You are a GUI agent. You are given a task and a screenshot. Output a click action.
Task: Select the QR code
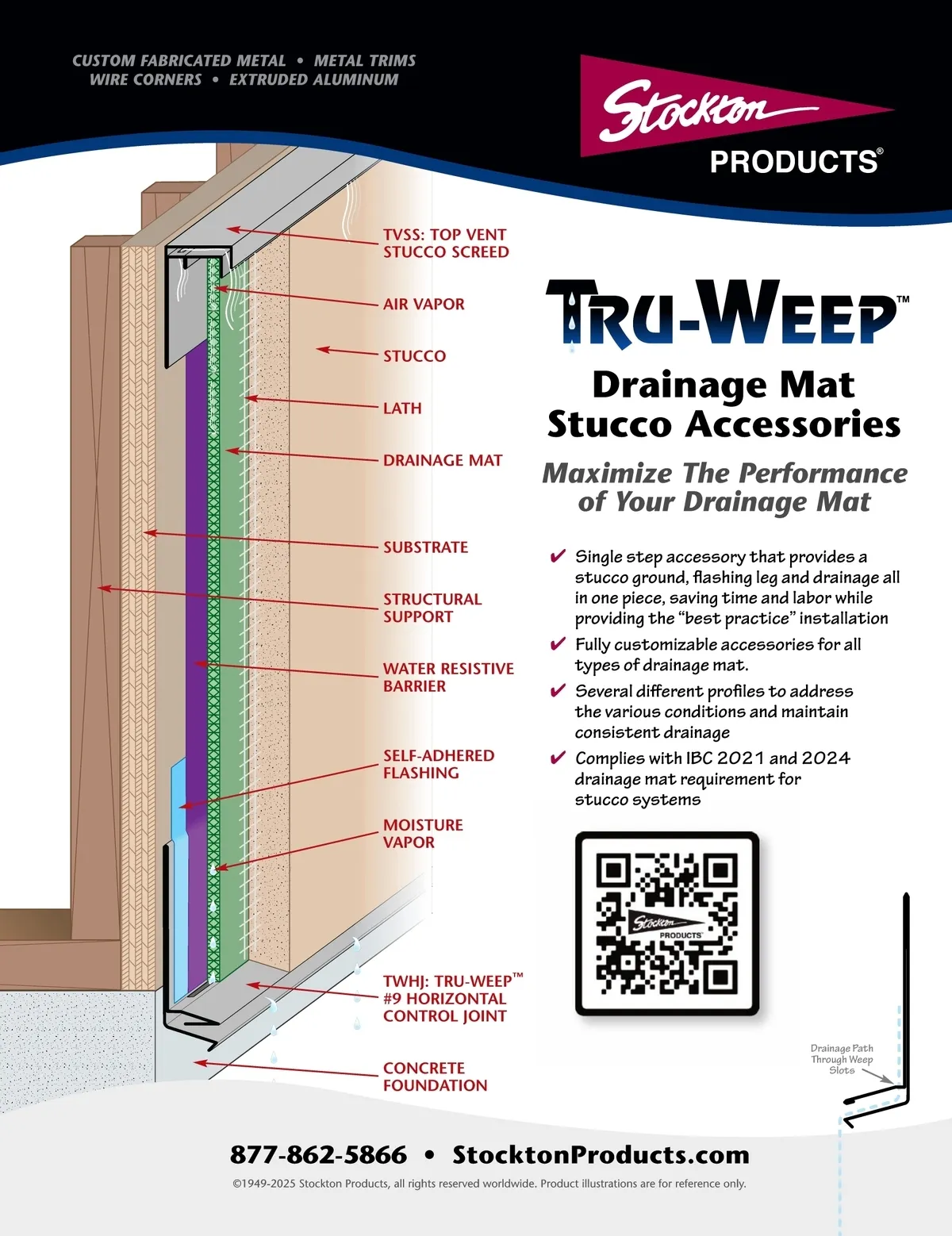pyautogui.click(x=667, y=923)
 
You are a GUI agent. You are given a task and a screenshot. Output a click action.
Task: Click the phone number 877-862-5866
pyautogui.click(x=318, y=1155)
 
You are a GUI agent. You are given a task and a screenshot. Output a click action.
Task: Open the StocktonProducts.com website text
pyautogui.click(x=601, y=1155)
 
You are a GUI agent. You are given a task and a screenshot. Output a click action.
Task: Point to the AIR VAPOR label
pyautogui.click(x=424, y=305)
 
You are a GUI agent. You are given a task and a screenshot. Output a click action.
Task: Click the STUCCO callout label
pyautogui.click(x=415, y=356)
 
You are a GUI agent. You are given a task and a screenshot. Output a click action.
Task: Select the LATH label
pyautogui.click(x=402, y=409)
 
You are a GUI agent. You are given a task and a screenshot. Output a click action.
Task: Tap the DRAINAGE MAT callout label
pyautogui.click(x=443, y=460)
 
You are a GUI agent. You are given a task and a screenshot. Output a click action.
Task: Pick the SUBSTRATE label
pyautogui.click(x=425, y=547)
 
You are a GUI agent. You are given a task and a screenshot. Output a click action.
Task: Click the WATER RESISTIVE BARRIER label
pyautogui.click(x=448, y=677)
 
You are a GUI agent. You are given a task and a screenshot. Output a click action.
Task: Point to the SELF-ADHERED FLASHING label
pyautogui.click(x=439, y=764)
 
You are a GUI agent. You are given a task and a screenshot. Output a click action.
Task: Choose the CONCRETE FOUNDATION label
pyautogui.click(x=435, y=1077)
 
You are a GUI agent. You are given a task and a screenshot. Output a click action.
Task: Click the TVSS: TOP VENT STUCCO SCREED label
pyautogui.click(x=446, y=244)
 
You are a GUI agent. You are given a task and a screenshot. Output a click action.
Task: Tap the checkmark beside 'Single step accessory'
pyautogui.click(x=558, y=555)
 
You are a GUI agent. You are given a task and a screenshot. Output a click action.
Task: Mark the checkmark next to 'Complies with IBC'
pyautogui.click(x=558, y=757)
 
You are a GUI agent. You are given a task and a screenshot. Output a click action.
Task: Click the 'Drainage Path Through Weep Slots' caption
pyautogui.click(x=842, y=1059)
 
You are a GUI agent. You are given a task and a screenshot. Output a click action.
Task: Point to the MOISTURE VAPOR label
pyautogui.click(x=423, y=833)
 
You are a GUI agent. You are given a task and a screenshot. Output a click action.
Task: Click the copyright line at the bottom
pyautogui.click(x=489, y=1184)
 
